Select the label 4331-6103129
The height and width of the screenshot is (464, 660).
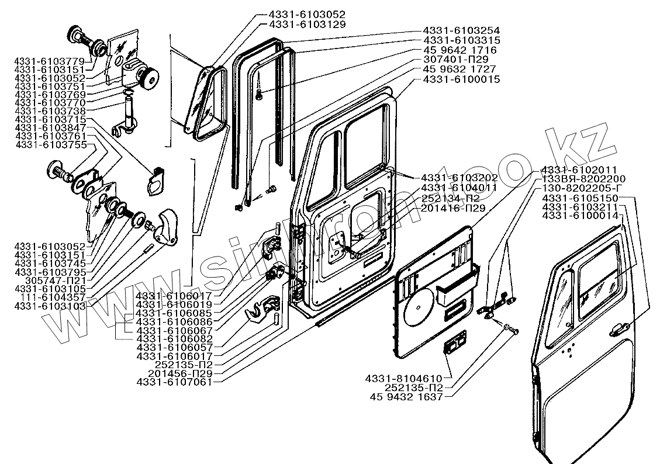click(x=307, y=25)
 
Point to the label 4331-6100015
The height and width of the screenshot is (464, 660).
click(x=461, y=79)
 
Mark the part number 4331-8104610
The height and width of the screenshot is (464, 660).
click(x=409, y=378)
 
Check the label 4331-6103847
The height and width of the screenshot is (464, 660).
click(x=50, y=127)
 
